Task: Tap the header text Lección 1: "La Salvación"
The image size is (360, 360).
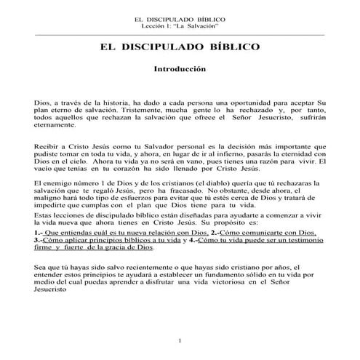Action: coord(180,25)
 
